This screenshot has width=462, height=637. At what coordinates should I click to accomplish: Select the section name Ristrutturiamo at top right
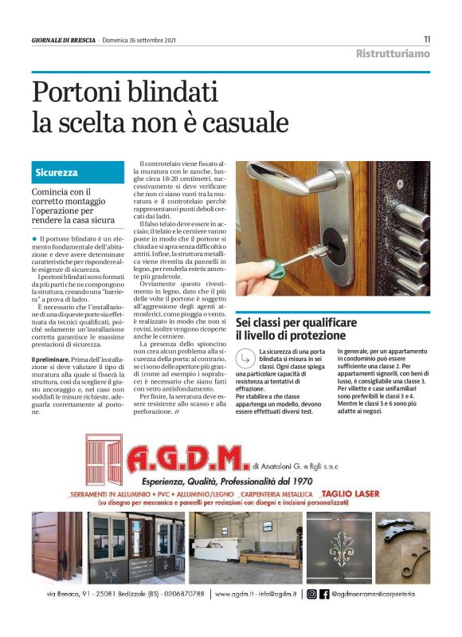(393, 53)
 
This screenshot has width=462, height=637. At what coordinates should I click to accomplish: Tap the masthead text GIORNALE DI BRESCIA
(64, 40)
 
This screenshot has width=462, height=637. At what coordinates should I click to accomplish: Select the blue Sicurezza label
(57, 173)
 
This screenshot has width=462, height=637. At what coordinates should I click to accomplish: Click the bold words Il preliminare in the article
(56, 362)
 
